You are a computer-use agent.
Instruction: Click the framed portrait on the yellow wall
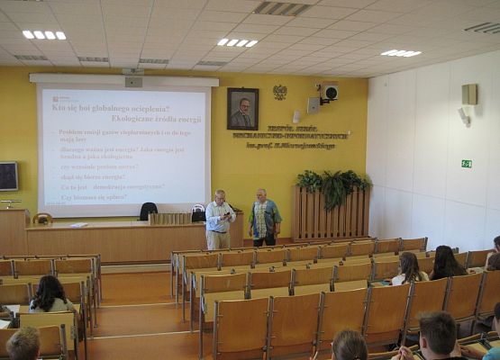pos(241,108)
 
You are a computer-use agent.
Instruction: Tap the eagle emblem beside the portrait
pos(279,92)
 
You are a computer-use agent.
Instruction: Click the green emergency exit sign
pos(466,164)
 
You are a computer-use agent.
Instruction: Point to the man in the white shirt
pos(218,220)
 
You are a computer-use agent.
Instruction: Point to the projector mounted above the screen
pos(133,80)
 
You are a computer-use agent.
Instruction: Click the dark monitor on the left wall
pos(7,175)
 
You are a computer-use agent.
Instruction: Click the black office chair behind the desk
pos(148,211)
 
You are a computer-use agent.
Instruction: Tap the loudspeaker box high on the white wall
pos(469,94)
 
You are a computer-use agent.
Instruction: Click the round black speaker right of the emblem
pos(331,92)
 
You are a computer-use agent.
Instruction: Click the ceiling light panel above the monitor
pos(43,34)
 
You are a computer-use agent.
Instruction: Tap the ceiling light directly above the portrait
pos(237,42)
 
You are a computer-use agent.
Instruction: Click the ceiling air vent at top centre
pos(282,8)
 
